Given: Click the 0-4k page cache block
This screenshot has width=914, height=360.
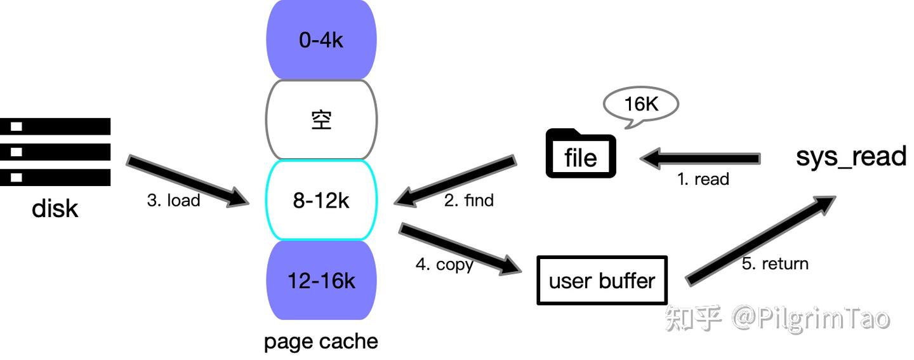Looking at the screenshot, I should click(321, 40).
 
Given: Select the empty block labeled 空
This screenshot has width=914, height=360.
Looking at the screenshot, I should click(321, 120).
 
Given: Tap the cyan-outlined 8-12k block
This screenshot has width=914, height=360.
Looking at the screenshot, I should click(321, 201).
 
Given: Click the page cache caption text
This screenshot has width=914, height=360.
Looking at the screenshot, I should click(321, 342).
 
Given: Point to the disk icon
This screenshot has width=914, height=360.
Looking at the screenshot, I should click(55, 152).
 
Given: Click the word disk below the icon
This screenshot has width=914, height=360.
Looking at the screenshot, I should click(55, 208).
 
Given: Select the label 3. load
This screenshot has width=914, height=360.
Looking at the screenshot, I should click(173, 201).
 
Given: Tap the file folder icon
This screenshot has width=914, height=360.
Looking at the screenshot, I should click(581, 154).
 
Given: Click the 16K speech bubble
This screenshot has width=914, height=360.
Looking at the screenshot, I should click(640, 104).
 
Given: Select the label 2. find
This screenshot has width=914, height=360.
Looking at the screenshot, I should click(469, 201).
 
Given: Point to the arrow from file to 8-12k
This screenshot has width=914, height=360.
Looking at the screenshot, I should click(454, 180).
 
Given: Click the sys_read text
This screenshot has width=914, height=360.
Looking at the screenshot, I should click(851, 156).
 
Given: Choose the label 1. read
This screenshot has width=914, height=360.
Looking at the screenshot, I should click(703, 180).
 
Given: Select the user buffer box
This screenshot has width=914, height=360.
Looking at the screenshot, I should click(602, 280).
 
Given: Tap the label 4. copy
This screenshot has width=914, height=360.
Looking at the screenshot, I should click(444, 264).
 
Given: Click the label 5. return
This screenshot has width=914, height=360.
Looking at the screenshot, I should click(775, 263).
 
